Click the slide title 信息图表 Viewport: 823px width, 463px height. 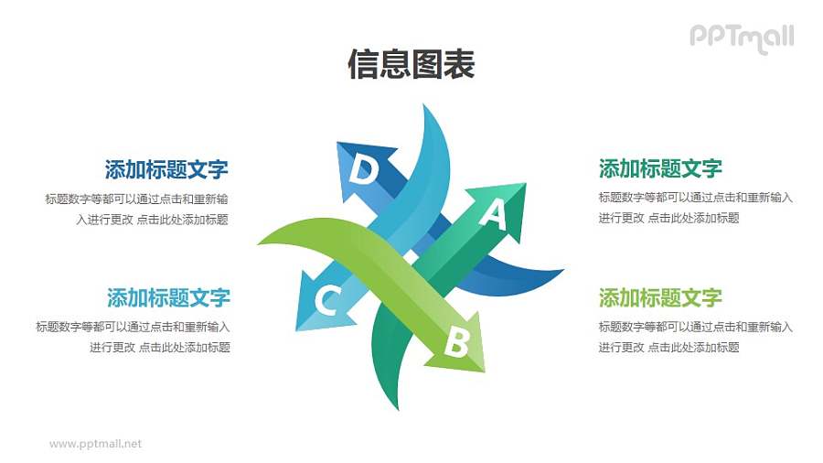411,65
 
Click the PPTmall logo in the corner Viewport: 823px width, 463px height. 741,38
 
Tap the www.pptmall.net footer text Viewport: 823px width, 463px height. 96,444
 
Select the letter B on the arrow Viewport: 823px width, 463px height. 456,344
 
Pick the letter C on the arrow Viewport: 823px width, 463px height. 328,299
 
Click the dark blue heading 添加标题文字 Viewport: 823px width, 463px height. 166,169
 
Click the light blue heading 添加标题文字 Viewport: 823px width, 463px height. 168,297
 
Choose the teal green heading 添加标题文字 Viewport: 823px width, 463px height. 660,168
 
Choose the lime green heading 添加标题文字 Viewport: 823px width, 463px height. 660,297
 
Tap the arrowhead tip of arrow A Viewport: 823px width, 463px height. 526,185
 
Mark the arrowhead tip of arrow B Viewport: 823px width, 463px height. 484,371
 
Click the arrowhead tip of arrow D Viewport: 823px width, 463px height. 337,143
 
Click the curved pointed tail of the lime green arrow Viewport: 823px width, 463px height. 261,242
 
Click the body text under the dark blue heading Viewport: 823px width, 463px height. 137,209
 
